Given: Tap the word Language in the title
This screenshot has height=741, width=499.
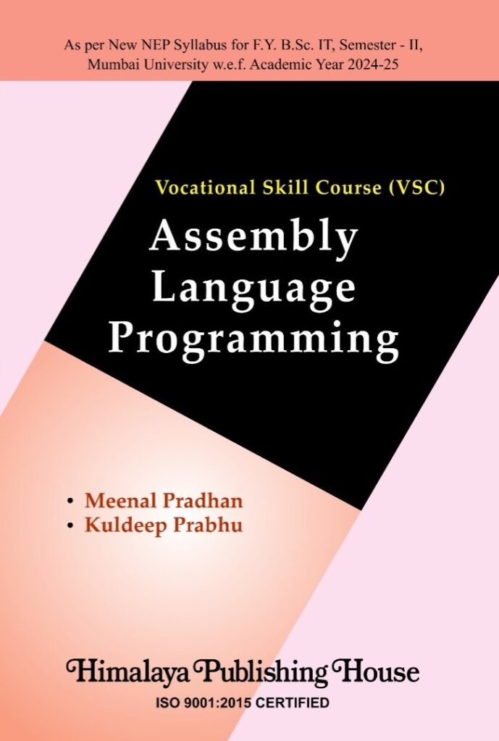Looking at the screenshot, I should pyautogui.click(x=254, y=288).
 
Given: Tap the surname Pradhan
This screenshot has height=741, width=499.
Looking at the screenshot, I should pyautogui.click(x=198, y=500).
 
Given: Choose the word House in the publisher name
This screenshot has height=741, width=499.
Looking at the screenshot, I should pyautogui.click(x=381, y=672).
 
